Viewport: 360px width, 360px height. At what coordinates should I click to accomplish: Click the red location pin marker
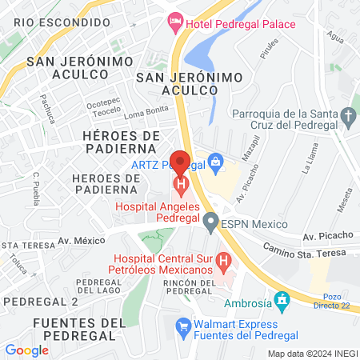click(x=181, y=163)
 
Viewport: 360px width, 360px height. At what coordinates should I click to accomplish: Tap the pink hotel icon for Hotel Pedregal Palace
click(x=176, y=24)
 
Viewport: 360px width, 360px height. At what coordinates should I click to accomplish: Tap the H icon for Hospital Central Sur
click(x=224, y=260)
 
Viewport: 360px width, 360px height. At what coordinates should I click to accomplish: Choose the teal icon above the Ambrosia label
click(x=281, y=300)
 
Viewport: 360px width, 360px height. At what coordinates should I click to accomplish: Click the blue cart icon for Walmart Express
click(x=183, y=325)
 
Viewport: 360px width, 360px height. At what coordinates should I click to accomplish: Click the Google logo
click(x=26, y=350)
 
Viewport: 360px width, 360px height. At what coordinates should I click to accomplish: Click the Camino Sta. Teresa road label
click(x=305, y=250)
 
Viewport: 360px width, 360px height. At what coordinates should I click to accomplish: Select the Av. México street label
click(x=82, y=240)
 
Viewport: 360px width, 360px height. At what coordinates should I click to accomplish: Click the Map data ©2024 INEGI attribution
click(x=312, y=353)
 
